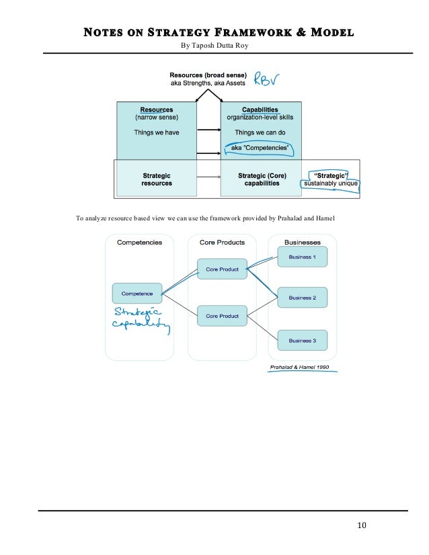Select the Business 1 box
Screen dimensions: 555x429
302,257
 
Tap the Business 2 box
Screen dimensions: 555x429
302,298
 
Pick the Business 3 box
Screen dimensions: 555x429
302,340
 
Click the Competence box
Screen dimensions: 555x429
137,293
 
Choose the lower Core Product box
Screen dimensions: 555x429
222,316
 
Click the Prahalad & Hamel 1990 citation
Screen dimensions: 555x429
300,368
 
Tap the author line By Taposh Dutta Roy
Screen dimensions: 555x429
214,46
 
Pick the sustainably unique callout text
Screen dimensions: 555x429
331,183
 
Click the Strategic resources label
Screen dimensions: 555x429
157,179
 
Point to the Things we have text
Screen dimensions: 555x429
156,132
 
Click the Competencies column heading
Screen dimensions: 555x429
139,243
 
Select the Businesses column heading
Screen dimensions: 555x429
302,243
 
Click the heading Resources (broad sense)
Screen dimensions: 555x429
208,75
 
